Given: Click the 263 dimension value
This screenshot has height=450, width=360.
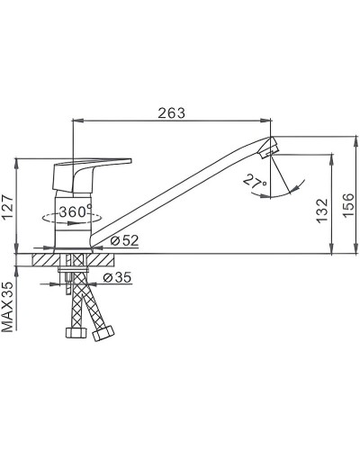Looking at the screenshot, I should [x=172, y=112].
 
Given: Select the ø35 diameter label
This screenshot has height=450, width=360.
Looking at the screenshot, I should [x=118, y=277].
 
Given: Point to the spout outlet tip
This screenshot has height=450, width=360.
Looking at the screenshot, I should [x=269, y=147].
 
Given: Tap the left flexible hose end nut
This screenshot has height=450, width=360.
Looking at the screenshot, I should [x=76, y=333].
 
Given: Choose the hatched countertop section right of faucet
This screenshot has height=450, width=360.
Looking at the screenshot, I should [x=99, y=258].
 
